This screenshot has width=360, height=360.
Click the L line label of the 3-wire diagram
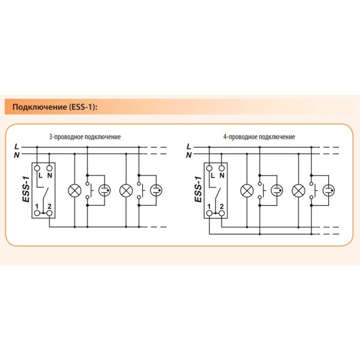[17, 146]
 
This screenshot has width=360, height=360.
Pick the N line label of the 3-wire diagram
[17, 155]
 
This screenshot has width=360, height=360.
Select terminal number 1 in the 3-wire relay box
[37, 206]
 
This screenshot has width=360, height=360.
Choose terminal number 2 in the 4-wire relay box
[221, 206]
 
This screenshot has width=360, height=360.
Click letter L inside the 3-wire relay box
[40, 176]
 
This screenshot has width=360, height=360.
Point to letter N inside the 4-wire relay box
[222, 176]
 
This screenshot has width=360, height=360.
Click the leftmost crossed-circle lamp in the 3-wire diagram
[75, 191]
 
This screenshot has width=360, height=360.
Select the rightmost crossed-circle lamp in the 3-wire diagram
[126, 191]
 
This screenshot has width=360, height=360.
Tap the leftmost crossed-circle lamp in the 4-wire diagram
[247, 191]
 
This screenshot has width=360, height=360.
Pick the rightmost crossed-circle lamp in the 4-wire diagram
[298, 191]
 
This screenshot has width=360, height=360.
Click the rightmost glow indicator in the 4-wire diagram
[328, 191]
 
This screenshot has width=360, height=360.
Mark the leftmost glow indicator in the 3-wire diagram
[105, 191]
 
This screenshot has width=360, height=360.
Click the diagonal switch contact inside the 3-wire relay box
[44, 193]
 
